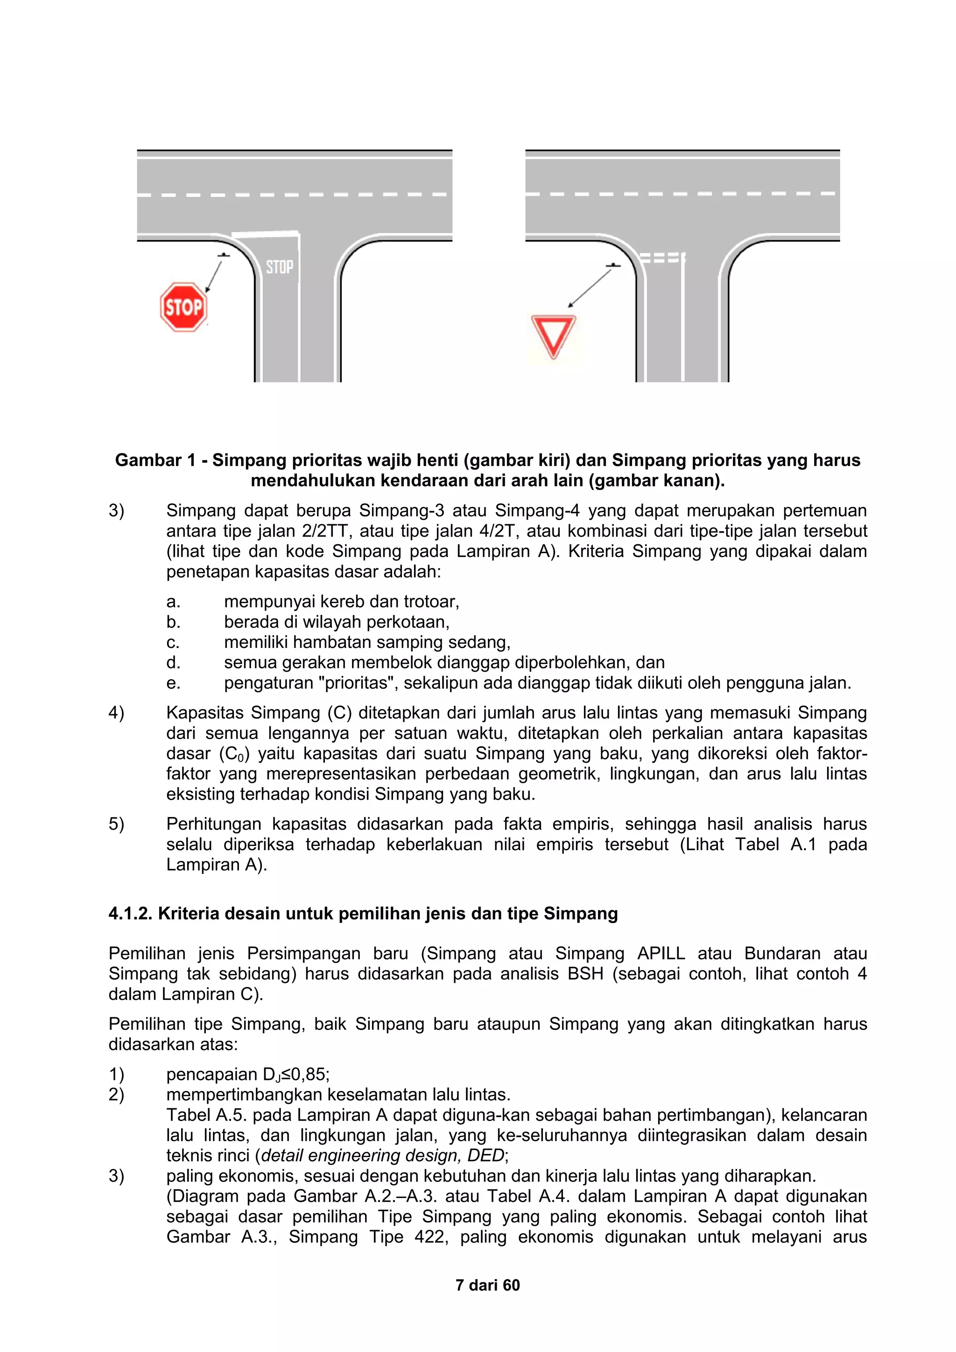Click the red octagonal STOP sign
[183, 307]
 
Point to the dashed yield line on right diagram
[661, 258]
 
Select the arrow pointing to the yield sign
[590, 287]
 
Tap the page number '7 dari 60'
[487, 1285]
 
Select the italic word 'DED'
[485, 1155]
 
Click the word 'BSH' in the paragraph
[585, 973]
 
